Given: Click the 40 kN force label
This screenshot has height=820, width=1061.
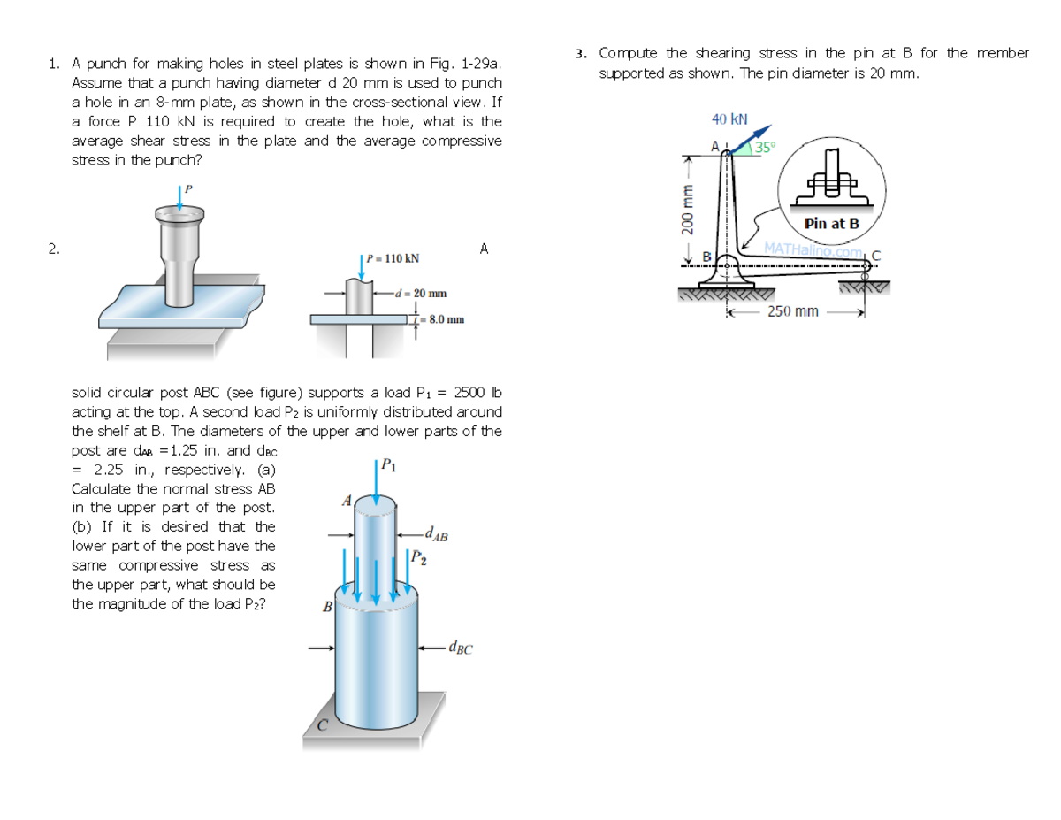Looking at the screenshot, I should click(729, 119).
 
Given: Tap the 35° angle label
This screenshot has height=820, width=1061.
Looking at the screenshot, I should click(765, 146).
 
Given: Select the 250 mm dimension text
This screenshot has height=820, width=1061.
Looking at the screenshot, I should click(793, 311).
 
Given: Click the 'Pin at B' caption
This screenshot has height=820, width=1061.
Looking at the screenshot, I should click(831, 224).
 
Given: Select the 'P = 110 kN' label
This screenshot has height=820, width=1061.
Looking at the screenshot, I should click(392, 258).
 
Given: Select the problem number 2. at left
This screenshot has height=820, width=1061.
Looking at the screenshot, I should click(54, 249).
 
